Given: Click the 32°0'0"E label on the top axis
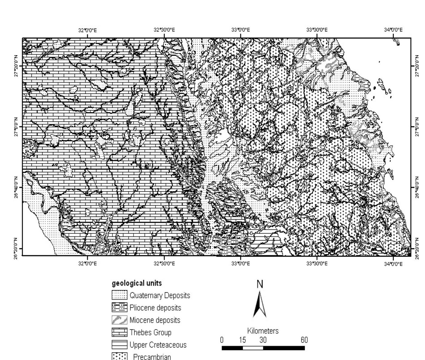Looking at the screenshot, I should (x=87, y=30).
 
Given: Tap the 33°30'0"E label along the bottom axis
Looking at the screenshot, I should (x=317, y=264).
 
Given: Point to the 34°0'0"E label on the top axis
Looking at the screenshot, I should (x=393, y=30).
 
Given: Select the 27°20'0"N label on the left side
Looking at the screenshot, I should (x=16, y=66).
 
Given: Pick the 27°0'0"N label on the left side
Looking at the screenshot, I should (x=16, y=127).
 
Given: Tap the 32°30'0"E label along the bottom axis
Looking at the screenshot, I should (x=164, y=264).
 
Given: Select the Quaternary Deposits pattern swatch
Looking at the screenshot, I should (x=119, y=295).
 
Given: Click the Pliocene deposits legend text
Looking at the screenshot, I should (x=155, y=308).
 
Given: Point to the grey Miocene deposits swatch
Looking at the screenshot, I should (x=119, y=320).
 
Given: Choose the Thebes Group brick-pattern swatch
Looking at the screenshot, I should (x=119, y=332).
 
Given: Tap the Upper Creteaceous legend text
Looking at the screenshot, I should (x=158, y=345).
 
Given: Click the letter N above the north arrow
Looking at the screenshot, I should (x=260, y=284).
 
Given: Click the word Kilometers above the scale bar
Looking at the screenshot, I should (x=263, y=331).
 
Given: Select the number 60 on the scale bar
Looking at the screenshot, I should (x=304, y=340).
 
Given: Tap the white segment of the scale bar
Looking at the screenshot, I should (x=253, y=348).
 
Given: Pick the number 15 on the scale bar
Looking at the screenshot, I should (x=242, y=340).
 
